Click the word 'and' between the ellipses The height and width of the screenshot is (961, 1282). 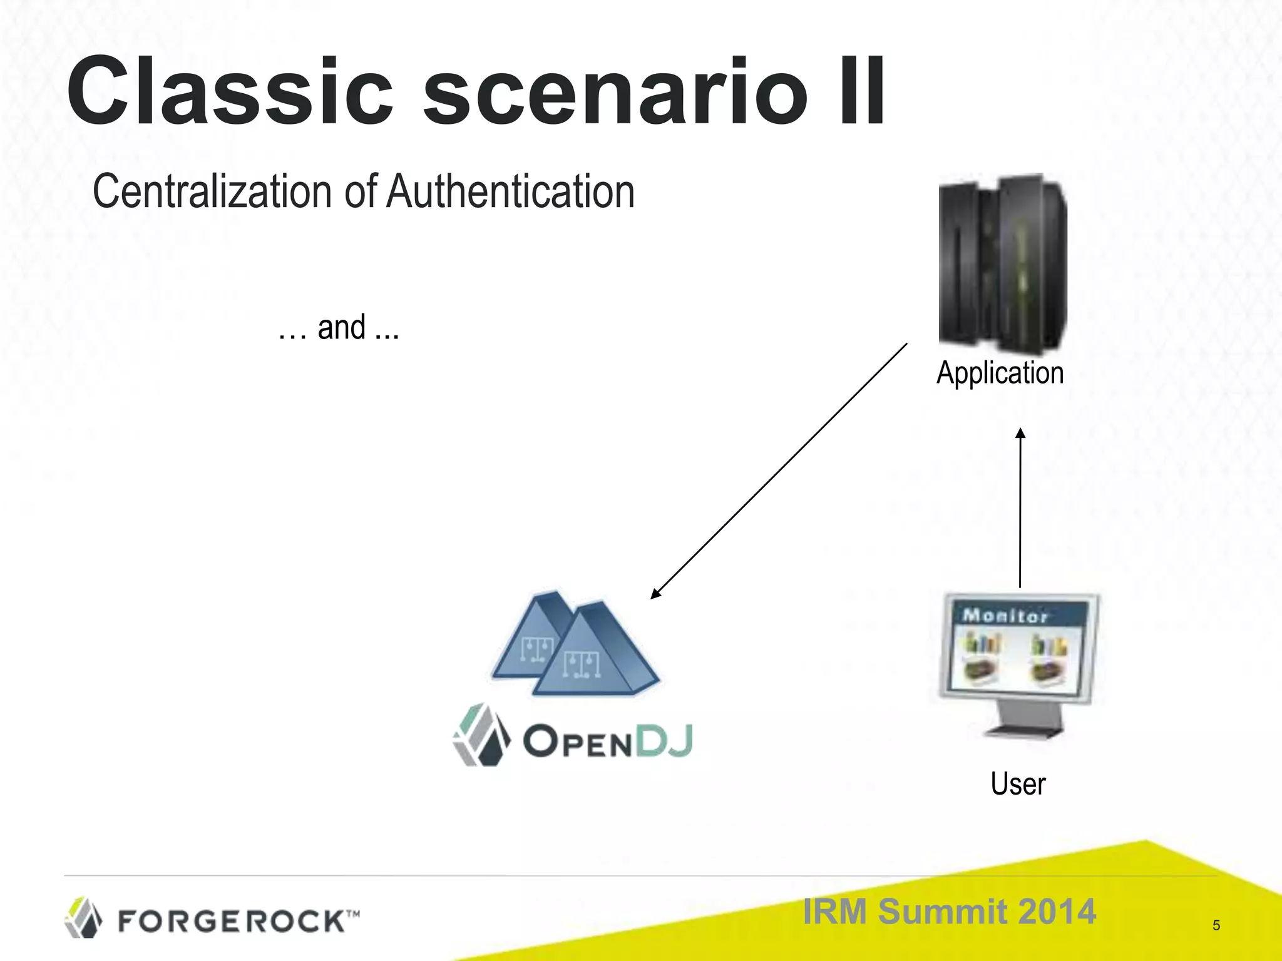tap(341, 328)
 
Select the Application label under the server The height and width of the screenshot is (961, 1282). tap(1000, 373)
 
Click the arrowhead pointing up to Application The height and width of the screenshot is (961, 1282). tap(1020, 433)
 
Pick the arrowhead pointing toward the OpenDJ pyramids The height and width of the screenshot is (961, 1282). tap(655, 594)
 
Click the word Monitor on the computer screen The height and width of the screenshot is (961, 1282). tap(1005, 616)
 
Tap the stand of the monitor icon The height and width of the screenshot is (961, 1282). tap(1023, 719)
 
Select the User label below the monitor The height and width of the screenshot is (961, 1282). tap(1018, 784)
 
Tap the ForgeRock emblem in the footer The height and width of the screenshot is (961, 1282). tap(83, 918)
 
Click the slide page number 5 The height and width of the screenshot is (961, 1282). tap(1216, 925)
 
